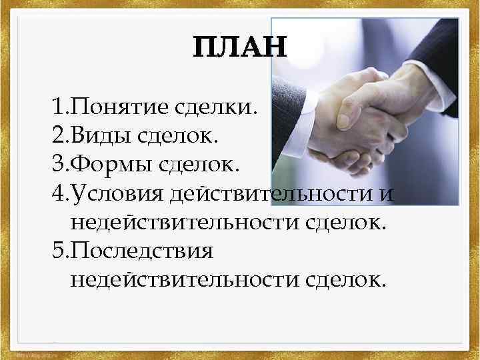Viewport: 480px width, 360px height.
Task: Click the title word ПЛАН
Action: pos(239,48)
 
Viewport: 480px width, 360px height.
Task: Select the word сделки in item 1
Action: pos(215,107)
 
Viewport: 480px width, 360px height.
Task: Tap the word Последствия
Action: pos(141,252)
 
